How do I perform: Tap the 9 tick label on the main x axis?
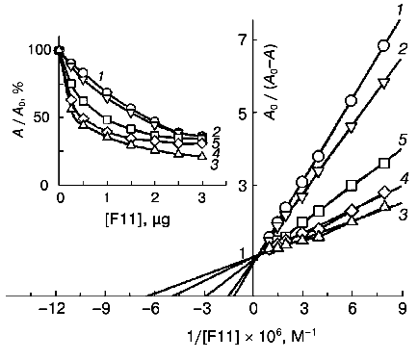click(x=403, y=310)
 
